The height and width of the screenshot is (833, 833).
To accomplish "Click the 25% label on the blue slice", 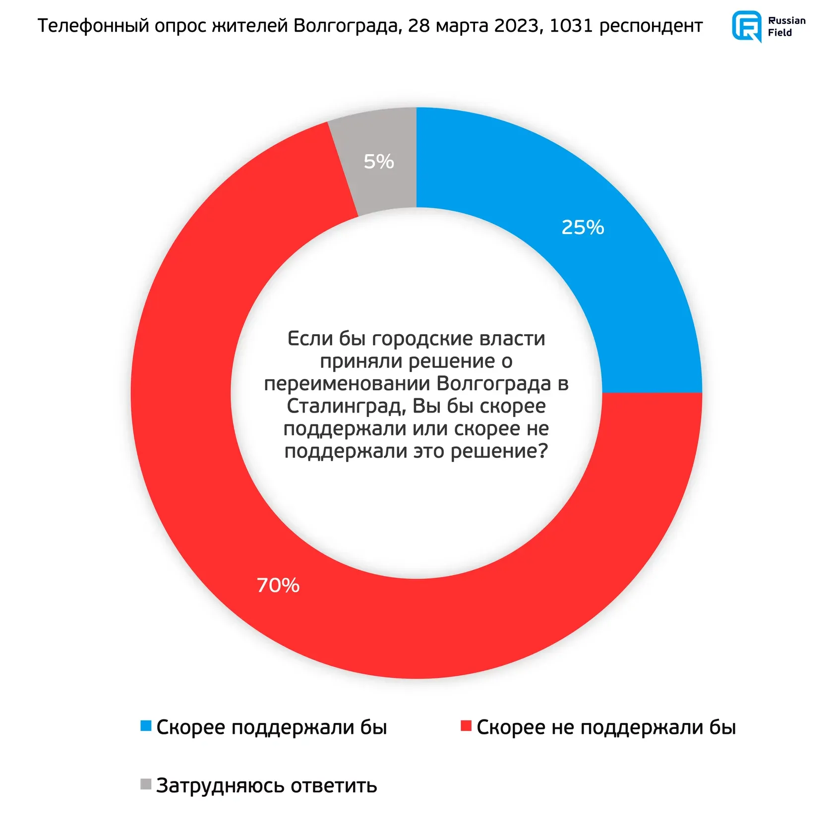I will [x=583, y=227].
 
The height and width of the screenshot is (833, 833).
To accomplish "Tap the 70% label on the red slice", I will [x=278, y=585].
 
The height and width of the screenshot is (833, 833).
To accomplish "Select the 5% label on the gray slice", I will [x=379, y=162].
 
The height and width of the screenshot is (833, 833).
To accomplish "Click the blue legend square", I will [x=146, y=726].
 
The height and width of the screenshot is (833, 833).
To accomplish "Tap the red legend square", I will [x=466, y=726].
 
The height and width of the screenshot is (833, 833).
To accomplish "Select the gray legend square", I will [x=146, y=784].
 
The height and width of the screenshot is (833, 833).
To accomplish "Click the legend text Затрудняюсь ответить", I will [x=267, y=785].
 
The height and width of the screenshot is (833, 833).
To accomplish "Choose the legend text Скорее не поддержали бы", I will [x=606, y=727].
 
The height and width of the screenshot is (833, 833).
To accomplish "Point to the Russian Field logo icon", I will [x=747, y=26].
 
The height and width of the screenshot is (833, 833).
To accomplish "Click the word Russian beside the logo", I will [x=786, y=20].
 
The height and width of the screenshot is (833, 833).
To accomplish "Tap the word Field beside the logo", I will [x=779, y=33].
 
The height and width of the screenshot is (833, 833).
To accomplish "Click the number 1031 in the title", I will [x=571, y=25].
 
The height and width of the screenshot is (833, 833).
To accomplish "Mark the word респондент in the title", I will [x=651, y=26].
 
